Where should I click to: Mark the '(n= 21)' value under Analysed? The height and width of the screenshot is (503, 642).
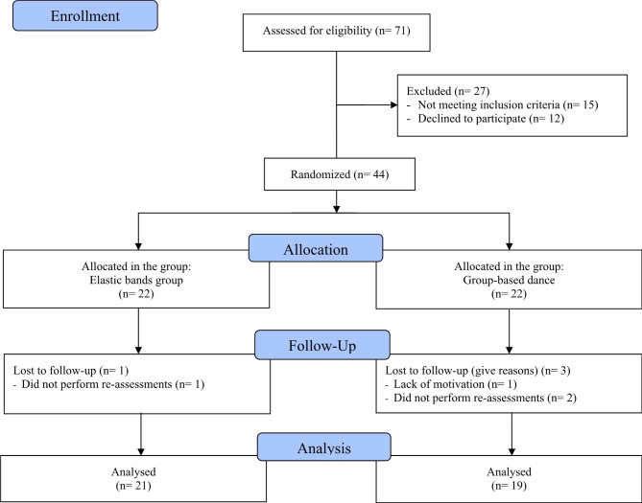pyautogui.click(x=134, y=488)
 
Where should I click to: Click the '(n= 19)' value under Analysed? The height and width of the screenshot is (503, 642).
pyautogui.click(x=508, y=488)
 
